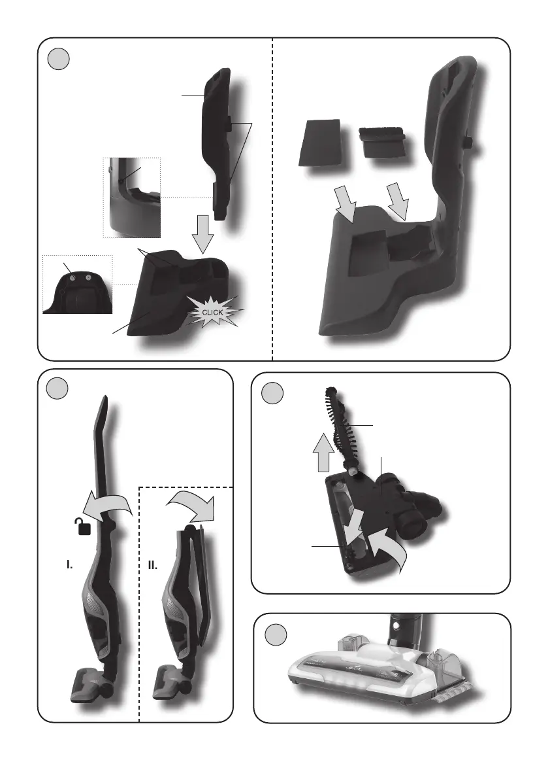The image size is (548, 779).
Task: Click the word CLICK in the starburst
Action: pos(213,313)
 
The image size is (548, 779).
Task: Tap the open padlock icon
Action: pos(84,526)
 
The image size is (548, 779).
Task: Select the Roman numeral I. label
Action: pos(69,564)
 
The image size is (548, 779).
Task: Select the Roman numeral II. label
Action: pos(153,565)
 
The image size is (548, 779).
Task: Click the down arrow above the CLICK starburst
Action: pos(203,234)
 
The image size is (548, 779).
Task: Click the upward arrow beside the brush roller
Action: pos(323,453)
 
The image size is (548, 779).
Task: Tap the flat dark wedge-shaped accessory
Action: pos(320,143)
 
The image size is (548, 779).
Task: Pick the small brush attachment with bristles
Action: pos(382,141)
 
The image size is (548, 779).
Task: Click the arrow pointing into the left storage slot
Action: pos(346,203)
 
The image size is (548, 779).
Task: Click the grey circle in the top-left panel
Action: pos(59,59)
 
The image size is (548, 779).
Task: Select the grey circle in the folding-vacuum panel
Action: pos(57,388)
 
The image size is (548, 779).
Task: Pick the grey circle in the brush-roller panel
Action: pos(272,393)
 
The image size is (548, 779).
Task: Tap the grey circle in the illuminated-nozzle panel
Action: pos(275,634)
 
